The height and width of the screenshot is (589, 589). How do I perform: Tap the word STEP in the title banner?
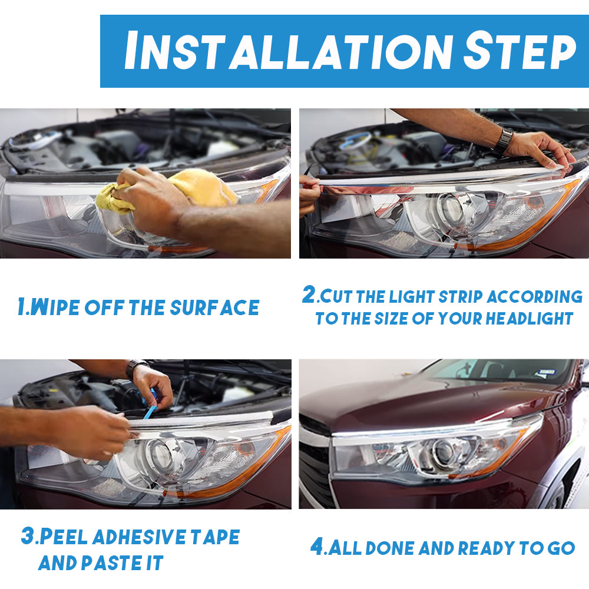point(519,51)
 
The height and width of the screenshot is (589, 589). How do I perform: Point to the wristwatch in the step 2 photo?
point(503,141)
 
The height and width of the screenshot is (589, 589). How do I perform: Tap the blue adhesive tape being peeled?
point(150,405)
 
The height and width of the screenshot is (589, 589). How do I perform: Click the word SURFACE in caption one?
point(214,307)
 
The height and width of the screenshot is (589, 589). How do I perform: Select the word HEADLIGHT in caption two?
point(529,319)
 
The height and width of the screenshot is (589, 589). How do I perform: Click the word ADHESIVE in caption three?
point(139,537)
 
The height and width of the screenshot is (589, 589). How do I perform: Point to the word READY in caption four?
point(486,548)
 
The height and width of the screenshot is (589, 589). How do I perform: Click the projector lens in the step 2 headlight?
point(450,208)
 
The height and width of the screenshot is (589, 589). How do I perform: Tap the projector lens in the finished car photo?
point(444,451)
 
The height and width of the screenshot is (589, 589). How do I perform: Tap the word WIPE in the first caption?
point(55,307)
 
